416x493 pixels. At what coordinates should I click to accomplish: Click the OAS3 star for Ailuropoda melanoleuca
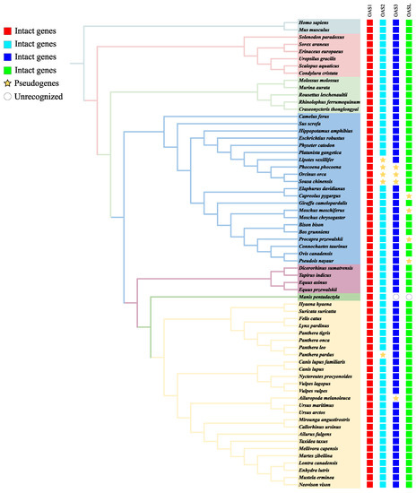tap(396, 398)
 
